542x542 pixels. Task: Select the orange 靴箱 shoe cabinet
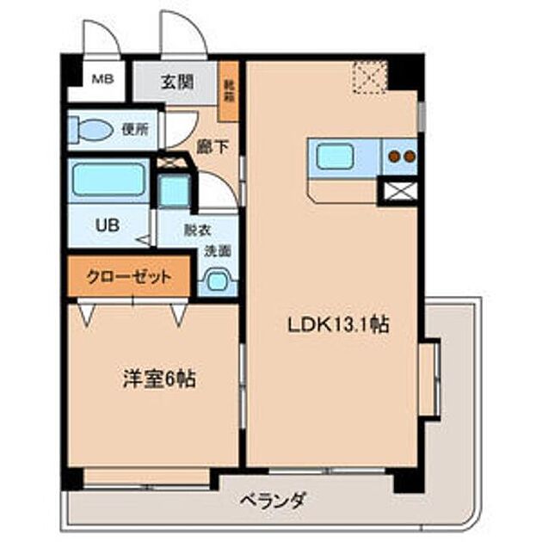tap(228, 91)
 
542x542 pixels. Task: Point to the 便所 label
tap(134, 130)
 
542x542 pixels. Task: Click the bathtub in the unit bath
tap(108, 180)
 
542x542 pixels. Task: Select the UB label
tap(107, 226)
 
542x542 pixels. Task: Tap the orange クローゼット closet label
tap(128, 277)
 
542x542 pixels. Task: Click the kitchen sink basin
tap(333, 157)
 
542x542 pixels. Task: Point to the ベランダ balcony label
tap(274, 501)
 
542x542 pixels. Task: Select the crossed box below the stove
tap(398, 192)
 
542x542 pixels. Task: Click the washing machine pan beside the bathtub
tap(174, 190)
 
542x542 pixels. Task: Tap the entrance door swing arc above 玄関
tap(182, 36)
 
